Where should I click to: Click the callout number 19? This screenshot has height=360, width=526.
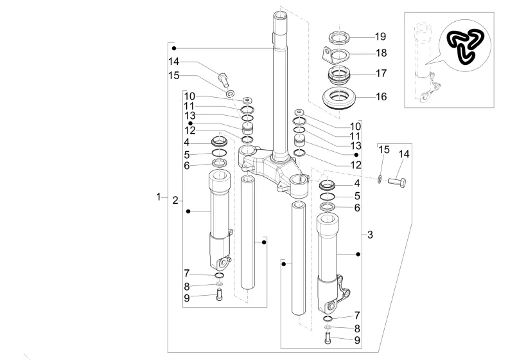coord(380,36)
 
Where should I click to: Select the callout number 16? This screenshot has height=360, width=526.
coord(381,96)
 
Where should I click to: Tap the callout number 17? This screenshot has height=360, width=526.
coord(381,73)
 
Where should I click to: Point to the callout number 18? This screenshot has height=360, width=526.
coord(381,53)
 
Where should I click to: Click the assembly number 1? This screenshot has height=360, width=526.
coord(159,197)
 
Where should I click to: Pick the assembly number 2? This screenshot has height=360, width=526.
coord(175,201)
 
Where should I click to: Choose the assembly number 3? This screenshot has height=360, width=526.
coord(370,235)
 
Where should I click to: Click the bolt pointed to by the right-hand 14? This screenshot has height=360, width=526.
coord(397,183)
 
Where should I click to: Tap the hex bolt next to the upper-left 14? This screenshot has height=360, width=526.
coord(223,80)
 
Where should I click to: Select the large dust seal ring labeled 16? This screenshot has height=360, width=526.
coord(339,98)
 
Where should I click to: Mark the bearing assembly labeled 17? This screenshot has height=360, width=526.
coord(339,76)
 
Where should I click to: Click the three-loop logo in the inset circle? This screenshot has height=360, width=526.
coord(465,46)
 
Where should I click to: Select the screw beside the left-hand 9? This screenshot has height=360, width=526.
coord(220,294)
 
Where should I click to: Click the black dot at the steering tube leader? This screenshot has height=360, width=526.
coord(174,48)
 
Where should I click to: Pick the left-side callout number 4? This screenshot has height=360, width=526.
coord(186,143)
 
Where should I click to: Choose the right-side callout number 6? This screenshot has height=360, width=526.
coord(357,208)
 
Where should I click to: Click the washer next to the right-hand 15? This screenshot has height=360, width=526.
coord(379,179)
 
